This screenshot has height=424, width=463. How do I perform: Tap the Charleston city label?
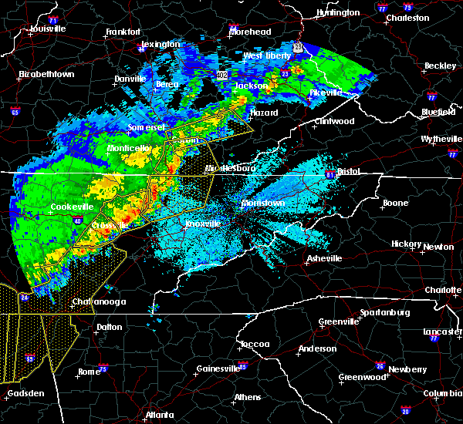(x=407, y=18)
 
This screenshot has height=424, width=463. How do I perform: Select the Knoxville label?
(x=203, y=224)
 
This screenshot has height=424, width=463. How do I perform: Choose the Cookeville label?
(x=72, y=207)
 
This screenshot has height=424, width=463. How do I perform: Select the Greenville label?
(x=338, y=321)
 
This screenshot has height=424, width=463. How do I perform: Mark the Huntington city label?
(x=338, y=12)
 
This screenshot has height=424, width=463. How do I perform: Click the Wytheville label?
(x=426, y=139)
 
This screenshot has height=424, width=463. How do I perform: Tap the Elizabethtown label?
(x=46, y=75)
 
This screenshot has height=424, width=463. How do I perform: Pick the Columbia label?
(x=442, y=394)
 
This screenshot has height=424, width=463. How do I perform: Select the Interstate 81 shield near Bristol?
(x=330, y=173)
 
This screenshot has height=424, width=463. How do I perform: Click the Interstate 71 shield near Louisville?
(x=53, y=19)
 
